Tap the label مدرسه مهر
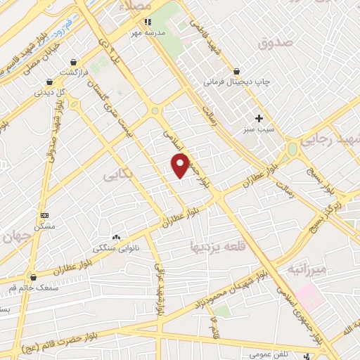pyautogui.click(x=149, y=33)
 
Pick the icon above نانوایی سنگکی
pyautogui.click(x=115, y=238)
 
